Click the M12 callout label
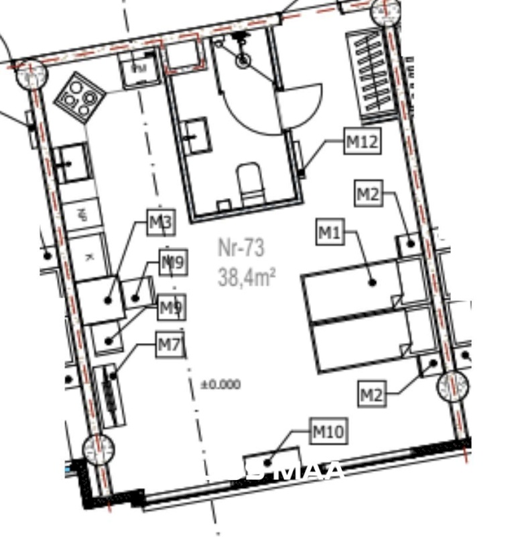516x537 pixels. pos(363,142)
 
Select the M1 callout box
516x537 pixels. pos(330,233)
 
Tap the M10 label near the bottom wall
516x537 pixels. pos(329,432)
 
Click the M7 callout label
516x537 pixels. pos(170,346)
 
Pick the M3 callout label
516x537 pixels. pos(161,223)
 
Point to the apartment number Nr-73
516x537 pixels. pos(241,248)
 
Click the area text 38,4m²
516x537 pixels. pos(247,276)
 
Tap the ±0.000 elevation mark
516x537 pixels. pos(220,385)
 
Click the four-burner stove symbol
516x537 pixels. pos(78,98)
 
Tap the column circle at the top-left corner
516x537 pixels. pos(29,74)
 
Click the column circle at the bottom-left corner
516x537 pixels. pos(97,448)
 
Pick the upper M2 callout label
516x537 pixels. pos(367,195)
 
